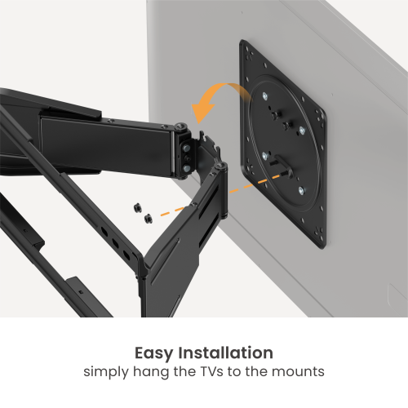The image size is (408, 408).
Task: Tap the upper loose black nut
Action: point(136,209)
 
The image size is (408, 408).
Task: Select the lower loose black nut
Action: point(148,219)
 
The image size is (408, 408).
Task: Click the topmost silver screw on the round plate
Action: point(266,96)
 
